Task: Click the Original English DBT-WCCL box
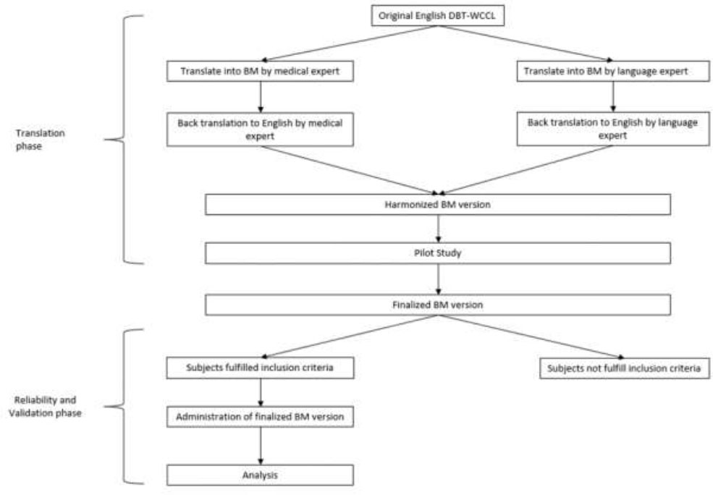coord(437,16)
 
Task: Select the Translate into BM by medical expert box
coord(260,72)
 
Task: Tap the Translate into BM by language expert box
coord(613,72)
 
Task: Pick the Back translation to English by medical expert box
coord(260,130)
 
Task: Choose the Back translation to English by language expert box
coord(613,129)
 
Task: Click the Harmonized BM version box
coord(438,205)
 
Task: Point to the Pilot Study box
coord(438,253)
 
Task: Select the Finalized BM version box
coord(438,305)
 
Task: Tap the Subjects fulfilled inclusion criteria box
coord(260,368)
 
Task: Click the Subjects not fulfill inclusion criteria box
coord(625,368)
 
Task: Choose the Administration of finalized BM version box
coord(260,417)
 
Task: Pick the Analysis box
coord(260,475)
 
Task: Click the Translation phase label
coord(40,140)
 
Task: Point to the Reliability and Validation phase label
coord(45,407)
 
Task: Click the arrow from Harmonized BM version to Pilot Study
coord(439,229)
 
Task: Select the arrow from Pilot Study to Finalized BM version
coord(439,279)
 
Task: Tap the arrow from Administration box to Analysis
coord(261,446)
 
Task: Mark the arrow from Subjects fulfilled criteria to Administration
coord(261,392)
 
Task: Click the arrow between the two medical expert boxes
coord(261,97)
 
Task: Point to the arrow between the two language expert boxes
coord(613,97)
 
